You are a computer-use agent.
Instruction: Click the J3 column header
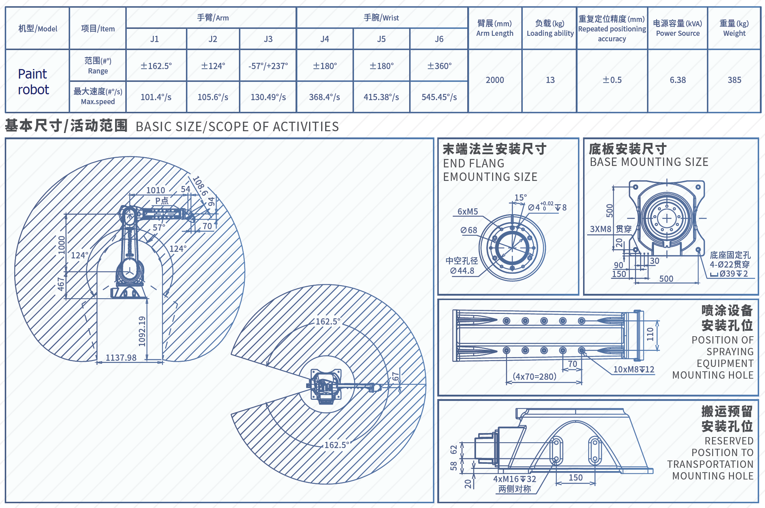pos(268,39)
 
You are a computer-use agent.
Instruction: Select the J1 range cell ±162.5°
pos(156,66)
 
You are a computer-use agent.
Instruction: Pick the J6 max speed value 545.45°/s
pos(439,97)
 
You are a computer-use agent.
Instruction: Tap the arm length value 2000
pos(495,80)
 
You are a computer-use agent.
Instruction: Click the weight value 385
pos(734,80)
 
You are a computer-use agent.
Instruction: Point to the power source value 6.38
pos(678,80)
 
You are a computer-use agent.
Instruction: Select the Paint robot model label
pos(33,82)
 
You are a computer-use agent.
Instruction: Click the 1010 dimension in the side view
pos(156,190)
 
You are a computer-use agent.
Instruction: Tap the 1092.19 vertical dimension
pos(142,331)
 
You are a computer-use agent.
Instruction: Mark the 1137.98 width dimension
pos(121,357)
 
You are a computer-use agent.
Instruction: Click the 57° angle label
pos(159,227)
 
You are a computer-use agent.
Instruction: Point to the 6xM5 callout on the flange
pos(468,212)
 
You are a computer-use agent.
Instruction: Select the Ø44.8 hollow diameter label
pos(462,271)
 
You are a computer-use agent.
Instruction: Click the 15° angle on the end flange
pos(520,198)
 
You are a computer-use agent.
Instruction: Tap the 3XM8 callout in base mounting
pos(600,229)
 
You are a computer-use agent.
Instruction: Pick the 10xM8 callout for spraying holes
pos(633,369)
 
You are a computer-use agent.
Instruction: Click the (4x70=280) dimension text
pos(534,376)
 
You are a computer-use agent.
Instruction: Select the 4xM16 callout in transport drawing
pos(514,479)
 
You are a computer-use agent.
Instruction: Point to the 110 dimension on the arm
pos(650,334)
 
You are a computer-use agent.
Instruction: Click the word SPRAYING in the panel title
pos(730,352)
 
